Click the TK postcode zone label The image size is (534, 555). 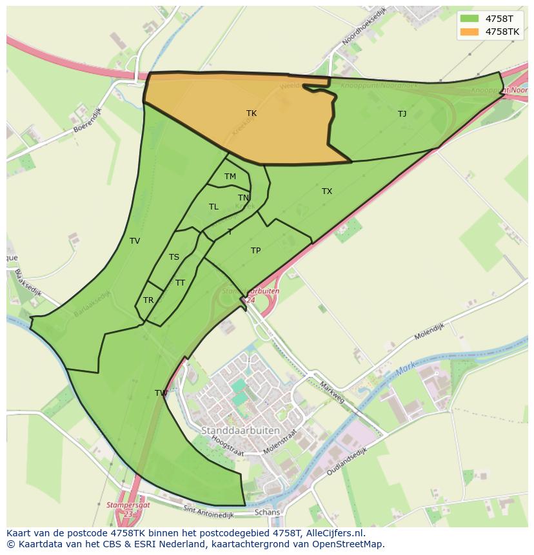252,113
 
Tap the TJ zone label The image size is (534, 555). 402,114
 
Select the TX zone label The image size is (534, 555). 327,191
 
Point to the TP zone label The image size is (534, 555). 255,251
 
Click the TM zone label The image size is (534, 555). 230,177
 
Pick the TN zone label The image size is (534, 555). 243,198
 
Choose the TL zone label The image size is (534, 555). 213,207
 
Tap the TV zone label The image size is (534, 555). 135,241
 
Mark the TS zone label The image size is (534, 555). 174,257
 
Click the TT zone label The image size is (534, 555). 180,283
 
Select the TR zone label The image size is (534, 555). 148,300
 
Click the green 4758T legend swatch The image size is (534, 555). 470,19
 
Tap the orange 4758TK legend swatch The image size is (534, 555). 470,32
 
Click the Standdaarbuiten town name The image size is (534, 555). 241,430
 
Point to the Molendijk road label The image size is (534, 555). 430,331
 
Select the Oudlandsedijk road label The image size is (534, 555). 346,462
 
